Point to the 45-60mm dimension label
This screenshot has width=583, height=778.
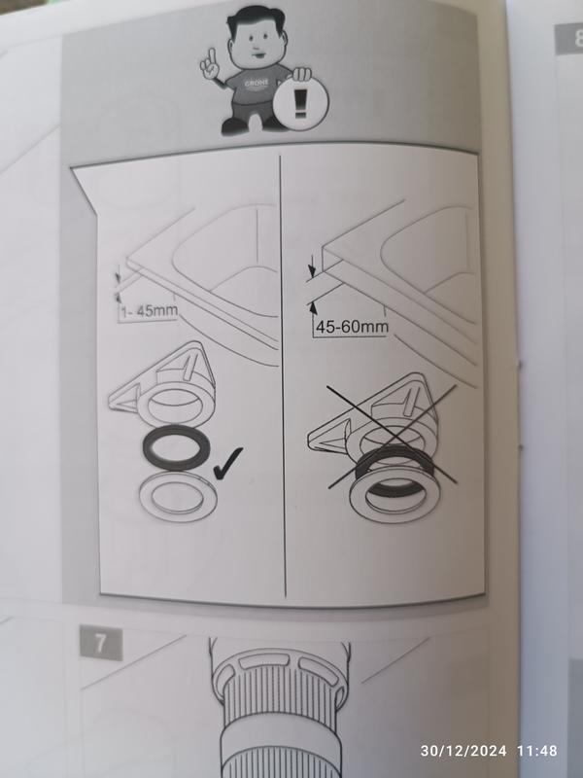(352, 327)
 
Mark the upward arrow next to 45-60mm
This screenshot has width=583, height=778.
(314, 308)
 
